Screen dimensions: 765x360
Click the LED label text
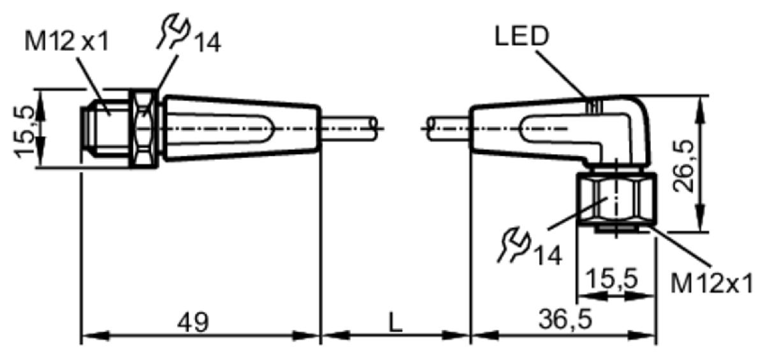(521, 36)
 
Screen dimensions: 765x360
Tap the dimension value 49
(193, 322)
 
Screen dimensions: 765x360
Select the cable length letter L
(395, 322)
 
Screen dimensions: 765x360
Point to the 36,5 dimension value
(565, 319)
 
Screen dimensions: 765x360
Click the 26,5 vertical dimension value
(683, 166)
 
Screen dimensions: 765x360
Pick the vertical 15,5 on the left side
(24, 132)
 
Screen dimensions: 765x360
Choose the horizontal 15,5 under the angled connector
(611, 278)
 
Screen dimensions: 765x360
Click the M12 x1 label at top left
(67, 41)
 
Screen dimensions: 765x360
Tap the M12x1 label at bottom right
(711, 283)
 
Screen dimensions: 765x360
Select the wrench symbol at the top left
(173, 30)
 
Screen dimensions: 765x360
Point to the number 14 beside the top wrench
(207, 42)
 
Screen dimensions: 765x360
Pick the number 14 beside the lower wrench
(548, 255)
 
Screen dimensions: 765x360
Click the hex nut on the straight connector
(144, 129)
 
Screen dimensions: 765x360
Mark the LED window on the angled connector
(594, 106)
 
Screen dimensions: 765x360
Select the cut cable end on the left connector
(374, 129)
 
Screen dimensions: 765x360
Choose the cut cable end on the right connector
(431, 129)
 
